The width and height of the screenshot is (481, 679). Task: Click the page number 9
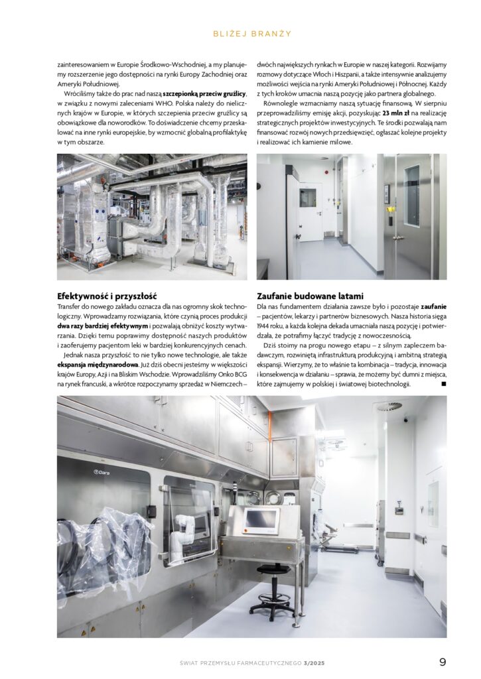(x=442, y=662)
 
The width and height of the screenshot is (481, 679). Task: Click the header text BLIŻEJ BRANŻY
(x=240, y=33)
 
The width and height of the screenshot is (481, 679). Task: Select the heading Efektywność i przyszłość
(x=106, y=296)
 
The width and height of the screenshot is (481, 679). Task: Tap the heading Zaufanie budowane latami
(x=310, y=296)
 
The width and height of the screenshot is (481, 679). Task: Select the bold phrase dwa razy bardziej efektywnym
(x=102, y=326)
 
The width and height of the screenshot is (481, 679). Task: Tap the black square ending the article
(x=443, y=383)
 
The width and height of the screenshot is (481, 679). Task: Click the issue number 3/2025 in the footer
(x=314, y=662)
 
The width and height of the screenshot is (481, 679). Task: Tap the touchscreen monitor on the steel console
(x=261, y=521)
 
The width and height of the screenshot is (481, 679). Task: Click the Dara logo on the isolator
(x=102, y=472)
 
